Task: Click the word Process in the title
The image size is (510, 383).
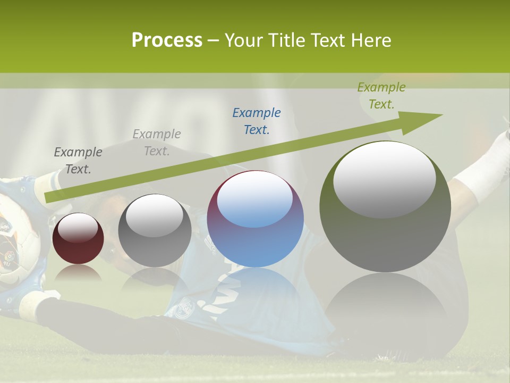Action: (167, 40)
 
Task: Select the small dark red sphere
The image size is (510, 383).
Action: (78, 238)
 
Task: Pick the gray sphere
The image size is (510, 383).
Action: (155, 231)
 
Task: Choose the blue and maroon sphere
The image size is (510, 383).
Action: (256, 219)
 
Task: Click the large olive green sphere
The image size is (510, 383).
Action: (385, 207)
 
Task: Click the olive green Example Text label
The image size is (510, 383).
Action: (381, 96)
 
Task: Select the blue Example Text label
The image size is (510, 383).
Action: (257, 121)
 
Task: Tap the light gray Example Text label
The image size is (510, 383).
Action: (157, 142)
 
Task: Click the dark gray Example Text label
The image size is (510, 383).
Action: (78, 160)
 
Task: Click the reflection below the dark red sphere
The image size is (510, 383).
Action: (78, 273)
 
